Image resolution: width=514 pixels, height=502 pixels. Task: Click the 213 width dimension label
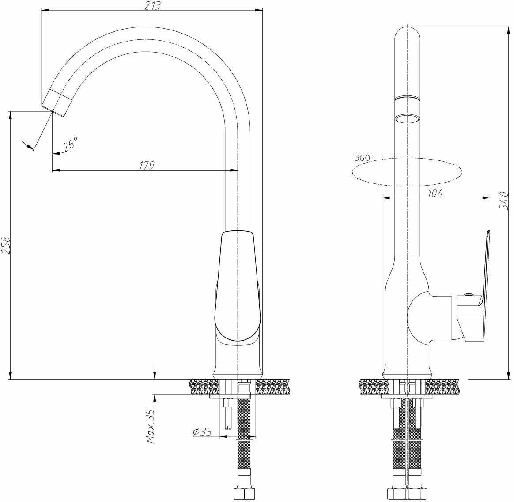[153, 5]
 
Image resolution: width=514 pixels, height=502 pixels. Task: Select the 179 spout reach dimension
[147, 166]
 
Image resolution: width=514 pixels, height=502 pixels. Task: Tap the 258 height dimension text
[6, 245]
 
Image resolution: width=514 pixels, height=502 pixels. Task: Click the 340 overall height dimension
[504, 201]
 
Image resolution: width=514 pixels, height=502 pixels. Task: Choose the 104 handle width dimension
[435, 193]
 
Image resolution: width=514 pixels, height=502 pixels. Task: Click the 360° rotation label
[363, 157]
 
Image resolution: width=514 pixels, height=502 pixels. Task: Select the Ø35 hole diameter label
[202, 432]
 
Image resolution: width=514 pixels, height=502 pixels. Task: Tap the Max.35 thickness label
[151, 426]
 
